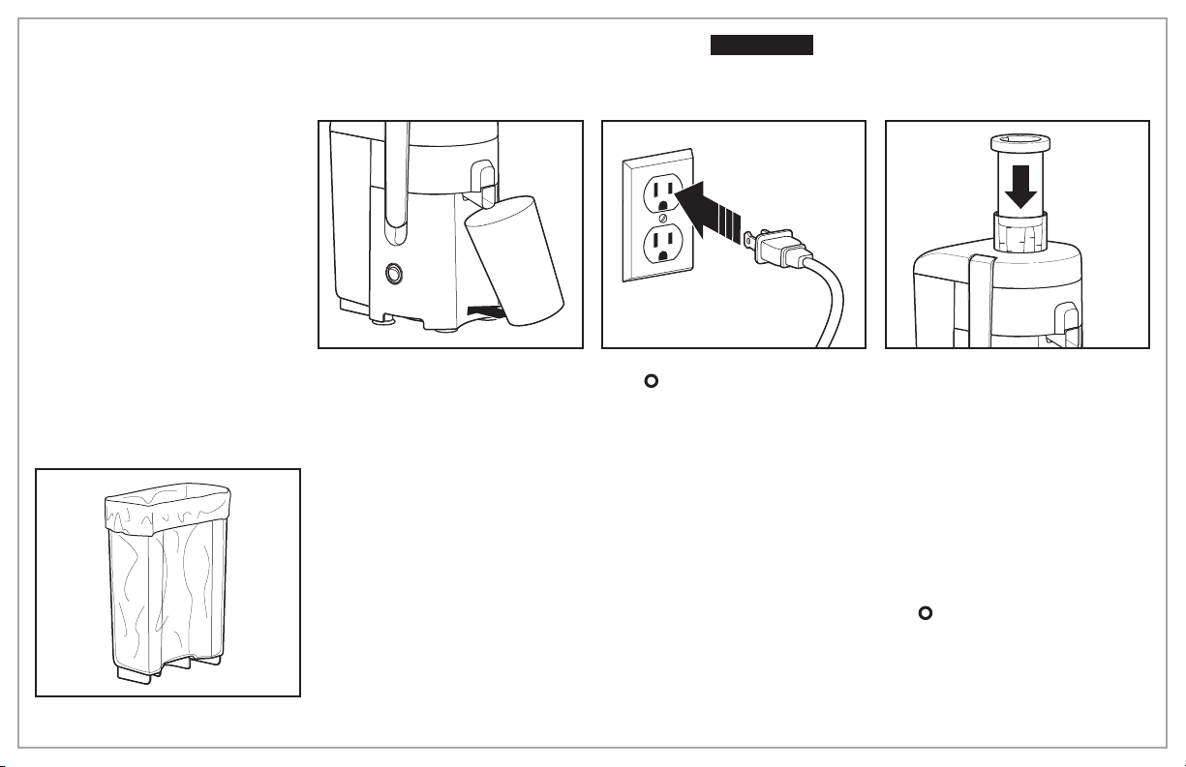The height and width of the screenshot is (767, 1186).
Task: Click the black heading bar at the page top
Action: coord(762,45)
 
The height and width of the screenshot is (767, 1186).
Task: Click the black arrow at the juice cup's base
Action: coord(483,310)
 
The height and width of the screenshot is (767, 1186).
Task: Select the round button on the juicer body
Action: coord(394,274)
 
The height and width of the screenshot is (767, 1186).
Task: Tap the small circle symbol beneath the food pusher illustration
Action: coord(924,613)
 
